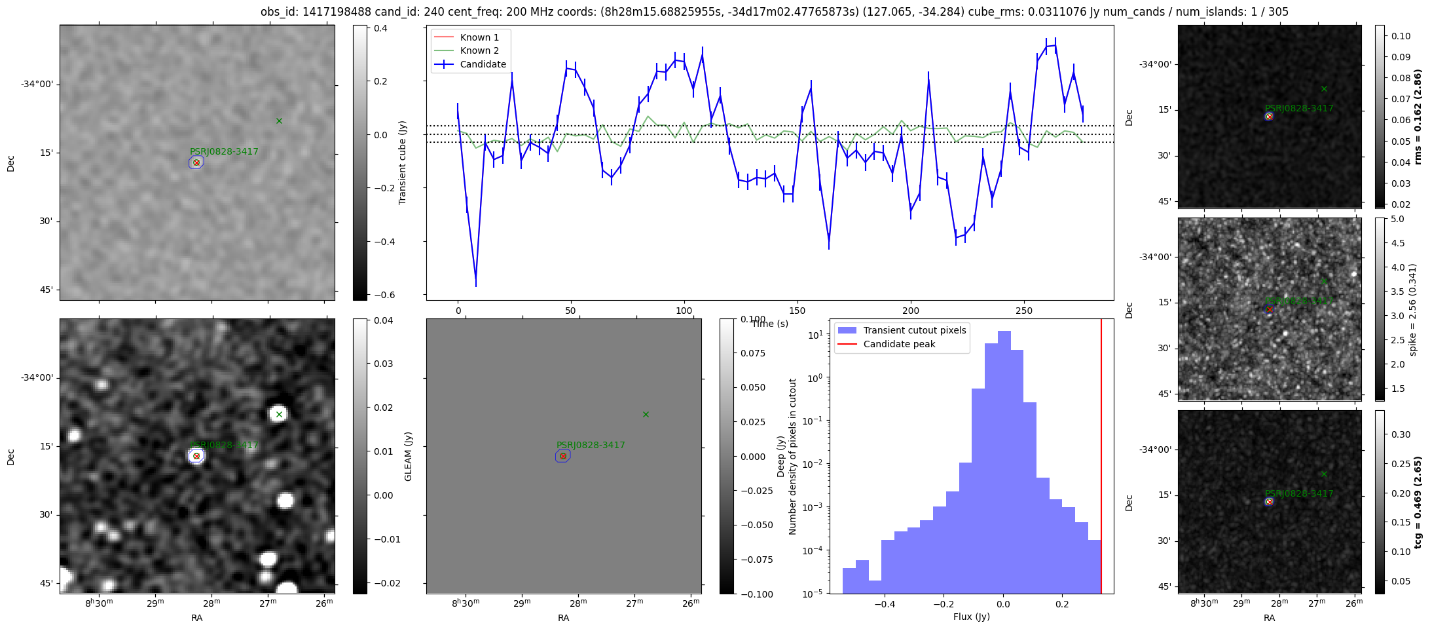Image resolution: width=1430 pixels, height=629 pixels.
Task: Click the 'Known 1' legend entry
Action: click(479, 37)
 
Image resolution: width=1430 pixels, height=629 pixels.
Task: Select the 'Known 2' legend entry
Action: click(479, 50)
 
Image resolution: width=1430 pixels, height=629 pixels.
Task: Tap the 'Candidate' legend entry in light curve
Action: click(483, 64)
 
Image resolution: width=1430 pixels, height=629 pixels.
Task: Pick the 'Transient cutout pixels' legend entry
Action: click(914, 330)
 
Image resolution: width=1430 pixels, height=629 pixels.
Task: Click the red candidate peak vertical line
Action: click(1101, 459)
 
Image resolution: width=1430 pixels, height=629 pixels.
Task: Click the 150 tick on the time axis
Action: click(797, 311)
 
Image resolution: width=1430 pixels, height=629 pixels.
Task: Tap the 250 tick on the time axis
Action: click(1023, 311)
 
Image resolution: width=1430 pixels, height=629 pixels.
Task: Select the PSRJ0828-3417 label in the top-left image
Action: click(224, 151)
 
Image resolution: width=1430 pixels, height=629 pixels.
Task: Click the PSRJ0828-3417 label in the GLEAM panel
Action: click(591, 445)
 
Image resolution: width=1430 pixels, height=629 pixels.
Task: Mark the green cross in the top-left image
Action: click(279, 121)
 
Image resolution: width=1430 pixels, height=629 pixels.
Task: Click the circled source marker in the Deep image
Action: click(196, 456)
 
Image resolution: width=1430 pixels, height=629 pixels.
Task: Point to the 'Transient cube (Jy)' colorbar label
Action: click(403, 162)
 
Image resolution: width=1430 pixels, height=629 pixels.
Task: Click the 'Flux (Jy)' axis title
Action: click(972, 617)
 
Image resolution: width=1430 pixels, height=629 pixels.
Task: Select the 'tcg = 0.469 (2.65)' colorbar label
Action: click(1418, 503)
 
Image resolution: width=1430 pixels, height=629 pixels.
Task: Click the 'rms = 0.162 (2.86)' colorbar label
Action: click(1418, 117)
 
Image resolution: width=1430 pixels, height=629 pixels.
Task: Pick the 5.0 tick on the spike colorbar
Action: click(1397, 219)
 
